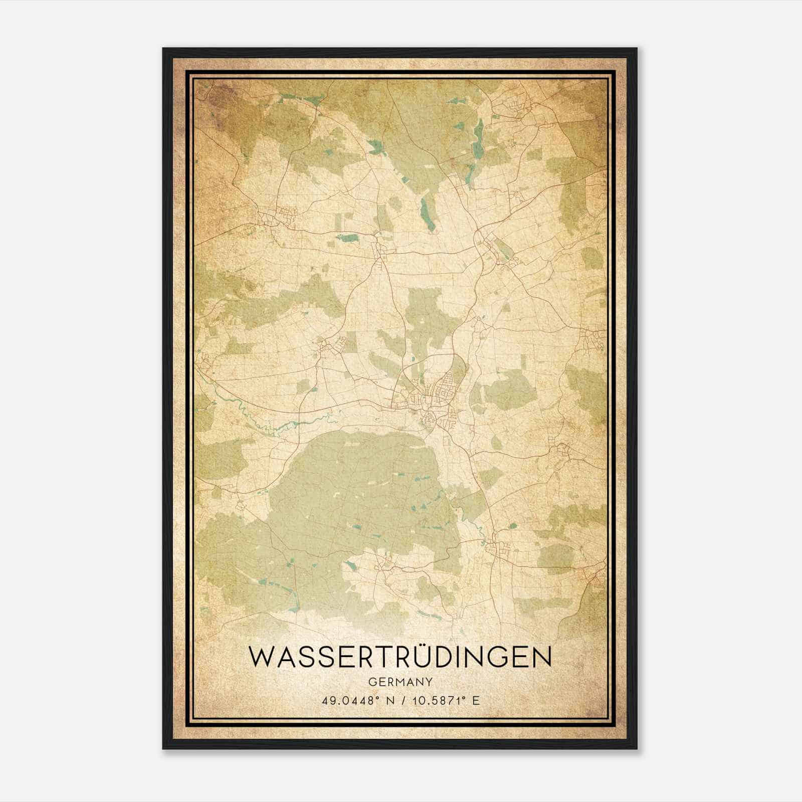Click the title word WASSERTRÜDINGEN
(400, 657)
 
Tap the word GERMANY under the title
(400, 682)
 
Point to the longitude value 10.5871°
(431, 700)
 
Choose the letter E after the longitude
(476, 700)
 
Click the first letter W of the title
(263, 658)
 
